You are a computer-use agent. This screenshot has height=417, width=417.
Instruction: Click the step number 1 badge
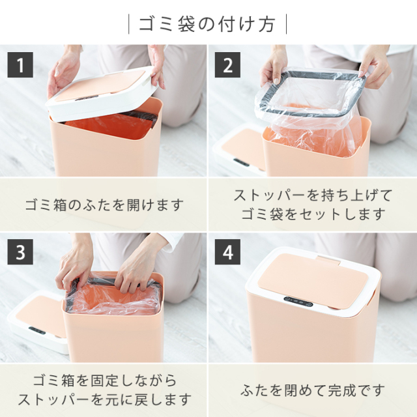coord(20,65)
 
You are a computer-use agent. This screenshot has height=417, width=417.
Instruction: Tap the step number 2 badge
coord(227,65)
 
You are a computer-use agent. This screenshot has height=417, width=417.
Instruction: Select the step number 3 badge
coord(20,252)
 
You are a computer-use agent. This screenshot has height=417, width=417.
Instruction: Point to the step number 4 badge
coord(227,252)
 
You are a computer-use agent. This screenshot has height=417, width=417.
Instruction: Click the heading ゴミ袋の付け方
coord(207,24)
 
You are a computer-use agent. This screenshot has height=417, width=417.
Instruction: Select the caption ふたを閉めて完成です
coord(313,390)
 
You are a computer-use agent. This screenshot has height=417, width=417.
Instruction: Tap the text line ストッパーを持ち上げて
coord(313,195)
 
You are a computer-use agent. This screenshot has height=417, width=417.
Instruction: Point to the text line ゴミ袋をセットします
coord(313,214)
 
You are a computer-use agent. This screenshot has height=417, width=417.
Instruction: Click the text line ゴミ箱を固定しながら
coord(104,381)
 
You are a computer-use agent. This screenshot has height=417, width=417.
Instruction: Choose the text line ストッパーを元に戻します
coord(104,399)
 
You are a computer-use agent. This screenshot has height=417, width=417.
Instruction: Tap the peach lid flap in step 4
coord(313,281)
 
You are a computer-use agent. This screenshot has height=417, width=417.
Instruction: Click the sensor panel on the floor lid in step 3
coord(37,330)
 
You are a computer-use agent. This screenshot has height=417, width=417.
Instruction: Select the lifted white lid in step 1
coord(101,93)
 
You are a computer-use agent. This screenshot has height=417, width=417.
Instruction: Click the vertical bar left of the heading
coord(129,24)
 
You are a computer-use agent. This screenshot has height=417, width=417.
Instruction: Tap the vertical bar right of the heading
coord(286,24)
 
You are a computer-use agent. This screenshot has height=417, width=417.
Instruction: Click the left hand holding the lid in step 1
coord(63,71)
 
